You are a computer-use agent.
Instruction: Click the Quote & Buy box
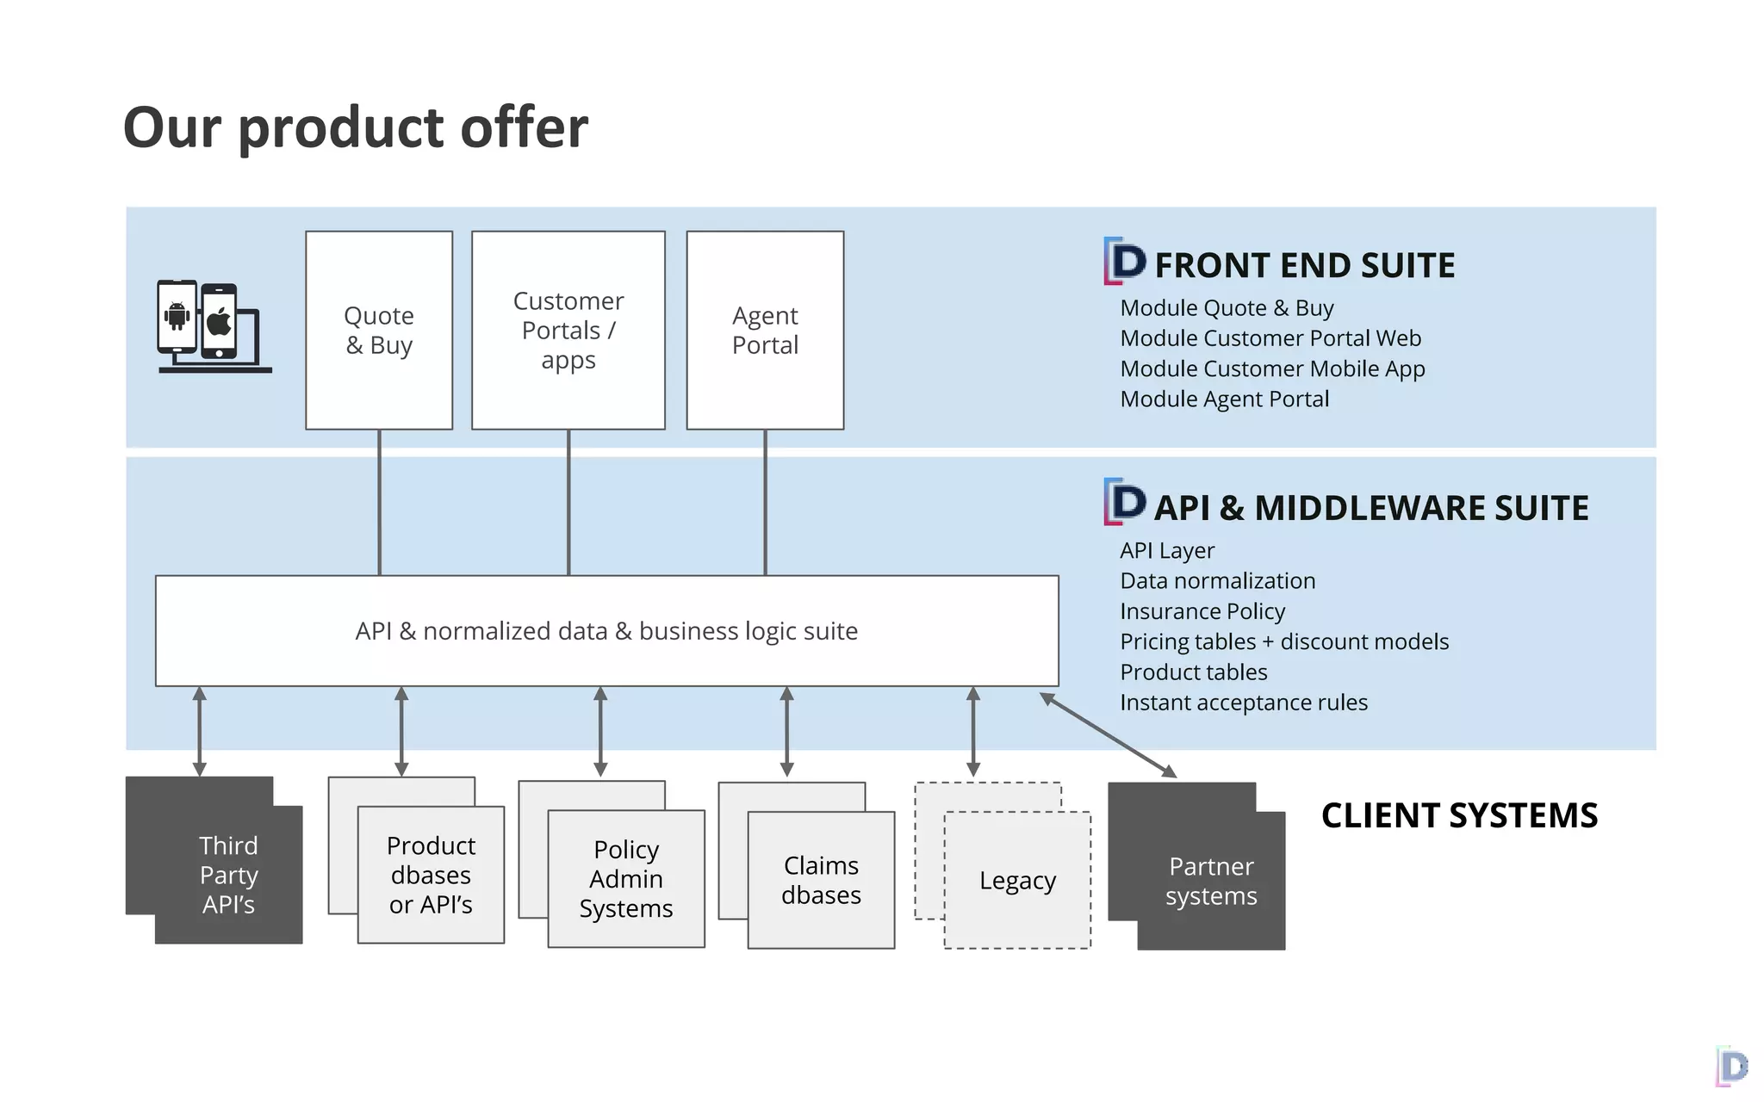379,330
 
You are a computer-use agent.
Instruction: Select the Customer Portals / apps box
568,330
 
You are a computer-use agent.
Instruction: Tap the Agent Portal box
765,330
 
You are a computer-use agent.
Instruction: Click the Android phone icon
177,316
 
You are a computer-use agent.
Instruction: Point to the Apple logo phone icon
219,321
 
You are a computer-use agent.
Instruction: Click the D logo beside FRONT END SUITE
1125,261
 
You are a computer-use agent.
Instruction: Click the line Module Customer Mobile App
1272,368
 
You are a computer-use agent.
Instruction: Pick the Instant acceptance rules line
1243,703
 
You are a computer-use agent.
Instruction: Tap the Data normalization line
1217,581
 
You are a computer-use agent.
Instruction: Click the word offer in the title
524,127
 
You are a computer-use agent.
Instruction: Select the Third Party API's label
228,875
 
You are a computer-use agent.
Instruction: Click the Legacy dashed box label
1017,881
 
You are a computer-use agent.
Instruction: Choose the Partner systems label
1211,881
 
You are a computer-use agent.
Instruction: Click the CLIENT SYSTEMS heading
1459,815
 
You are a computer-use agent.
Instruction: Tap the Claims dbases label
821,880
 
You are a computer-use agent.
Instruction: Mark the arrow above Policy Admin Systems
600,731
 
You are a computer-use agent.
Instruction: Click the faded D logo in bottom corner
1732,1067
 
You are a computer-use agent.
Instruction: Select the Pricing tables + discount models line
1283,641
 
